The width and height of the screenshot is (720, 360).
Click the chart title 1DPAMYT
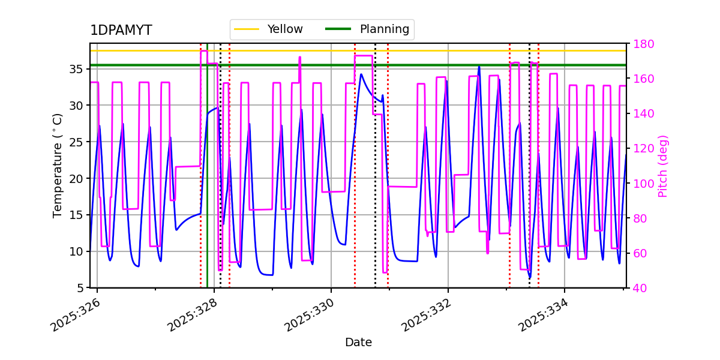[121, 31]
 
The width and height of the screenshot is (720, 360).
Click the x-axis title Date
[358, 343]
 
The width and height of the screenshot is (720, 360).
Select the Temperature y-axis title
[58, 165]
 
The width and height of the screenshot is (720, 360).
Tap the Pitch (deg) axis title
[663, 166]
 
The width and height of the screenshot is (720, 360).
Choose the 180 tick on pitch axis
[643, 44]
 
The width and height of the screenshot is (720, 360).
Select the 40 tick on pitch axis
[640, 288]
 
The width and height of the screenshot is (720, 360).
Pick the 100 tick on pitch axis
[643, 184]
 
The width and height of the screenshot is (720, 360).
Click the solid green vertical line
[207, 180]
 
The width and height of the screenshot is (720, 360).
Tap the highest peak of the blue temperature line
[479, 67]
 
